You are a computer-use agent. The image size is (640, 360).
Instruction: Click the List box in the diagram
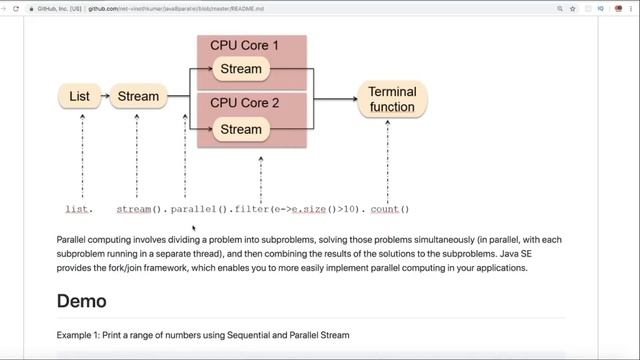tap(80, 97)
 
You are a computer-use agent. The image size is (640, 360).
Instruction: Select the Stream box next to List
tap(138, 97)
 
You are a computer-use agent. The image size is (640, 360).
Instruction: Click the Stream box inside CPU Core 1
tap(240, 69)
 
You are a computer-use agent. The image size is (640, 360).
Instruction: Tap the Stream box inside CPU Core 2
tap(240, 129)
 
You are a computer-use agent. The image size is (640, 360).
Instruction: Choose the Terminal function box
tap(392, 99)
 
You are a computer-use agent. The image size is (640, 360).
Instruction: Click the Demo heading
tap(81, 300)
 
